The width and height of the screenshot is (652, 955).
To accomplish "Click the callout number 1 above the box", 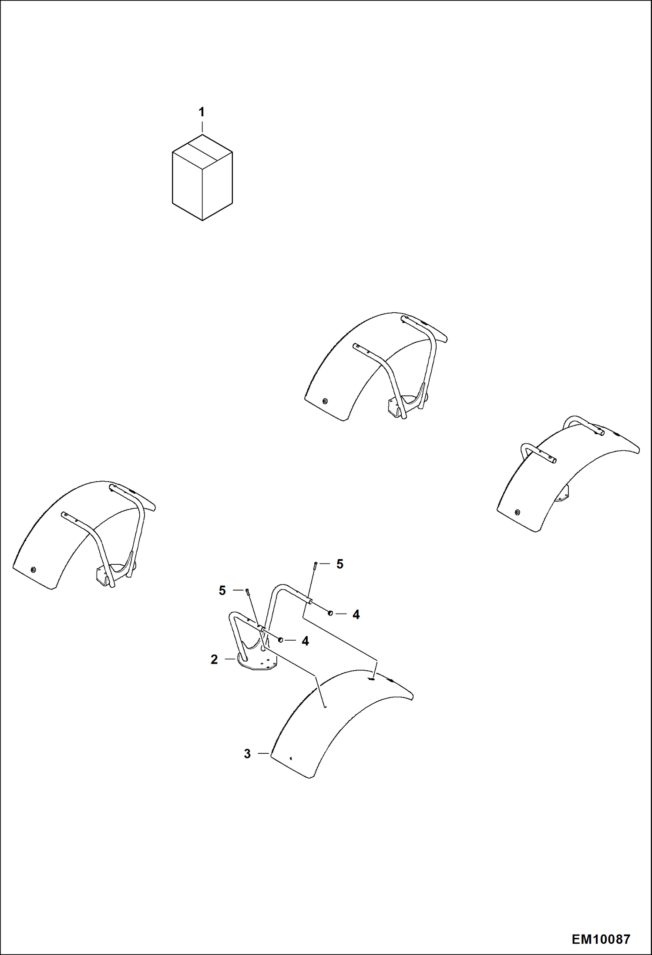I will [x=202, y=112].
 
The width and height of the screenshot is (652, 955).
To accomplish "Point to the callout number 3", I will [x=247, y=754].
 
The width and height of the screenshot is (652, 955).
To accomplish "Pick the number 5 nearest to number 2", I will [x=222, y=591].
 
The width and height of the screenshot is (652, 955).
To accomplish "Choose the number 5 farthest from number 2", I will [x=340, y=564].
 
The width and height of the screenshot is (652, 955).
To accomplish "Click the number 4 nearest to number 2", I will [x=305, y=641].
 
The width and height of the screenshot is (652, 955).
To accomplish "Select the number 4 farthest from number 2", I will [x=356, y=614].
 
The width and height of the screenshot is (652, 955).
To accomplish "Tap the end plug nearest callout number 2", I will [x=281, y=640].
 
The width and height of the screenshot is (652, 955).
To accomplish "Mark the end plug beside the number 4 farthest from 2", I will [x=331, y=613].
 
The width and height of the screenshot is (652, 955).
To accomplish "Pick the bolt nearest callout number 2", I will [x=247, y=591].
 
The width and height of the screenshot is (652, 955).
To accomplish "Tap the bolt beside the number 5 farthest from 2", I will [x=314, y=565].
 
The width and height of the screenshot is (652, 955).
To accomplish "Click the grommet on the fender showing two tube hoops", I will [x=517, y=512].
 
